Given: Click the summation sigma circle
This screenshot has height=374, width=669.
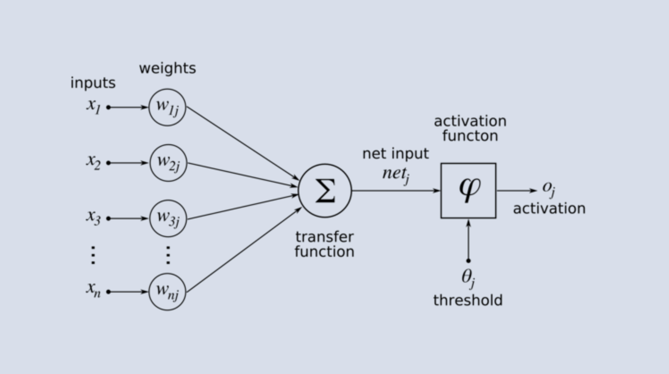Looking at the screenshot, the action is [x=325, y=191].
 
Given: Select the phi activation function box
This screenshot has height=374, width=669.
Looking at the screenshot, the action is [x=468, y=191].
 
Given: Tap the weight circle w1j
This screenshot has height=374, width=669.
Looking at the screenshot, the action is [x=167, y=107].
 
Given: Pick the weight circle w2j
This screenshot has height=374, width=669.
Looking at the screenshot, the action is [x=168, y=163].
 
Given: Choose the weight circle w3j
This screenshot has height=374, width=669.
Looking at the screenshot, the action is [x=168, y=218].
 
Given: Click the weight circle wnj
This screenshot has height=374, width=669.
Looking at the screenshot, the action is [x=167, y=292].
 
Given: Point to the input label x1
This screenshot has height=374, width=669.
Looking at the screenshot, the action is [x=93, y=106].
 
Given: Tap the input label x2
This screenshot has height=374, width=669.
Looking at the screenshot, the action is [x=93, y=162].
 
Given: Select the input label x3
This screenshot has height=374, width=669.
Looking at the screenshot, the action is [x=93, y=217].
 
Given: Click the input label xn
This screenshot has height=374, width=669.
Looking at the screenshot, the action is [x=93, y=290].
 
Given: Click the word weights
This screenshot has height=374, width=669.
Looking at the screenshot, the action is [x=168, y=68].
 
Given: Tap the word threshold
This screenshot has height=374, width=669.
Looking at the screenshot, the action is [x=468, y=300].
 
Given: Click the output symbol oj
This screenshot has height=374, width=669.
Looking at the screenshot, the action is [x=549, y=189].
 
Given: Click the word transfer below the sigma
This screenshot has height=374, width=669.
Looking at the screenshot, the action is [x=325, y=237].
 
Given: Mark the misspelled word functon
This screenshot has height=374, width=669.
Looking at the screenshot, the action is [x=470, y=136].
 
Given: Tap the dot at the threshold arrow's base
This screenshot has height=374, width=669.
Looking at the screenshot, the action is [x=468, y=260].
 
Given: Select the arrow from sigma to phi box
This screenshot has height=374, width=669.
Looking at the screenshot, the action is [x=396, y=191].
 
